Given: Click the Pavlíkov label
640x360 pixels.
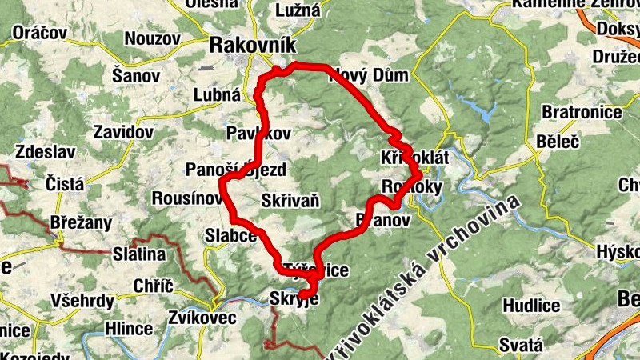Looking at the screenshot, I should coord(258,133).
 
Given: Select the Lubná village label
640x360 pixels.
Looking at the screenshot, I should coord(217,95).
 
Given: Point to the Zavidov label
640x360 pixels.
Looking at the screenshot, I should coord(123,131).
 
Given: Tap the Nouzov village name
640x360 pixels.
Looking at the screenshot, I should coord(152,38).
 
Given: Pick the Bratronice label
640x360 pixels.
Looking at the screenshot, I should coord(582,111).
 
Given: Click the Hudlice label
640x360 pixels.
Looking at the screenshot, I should coord(531,305).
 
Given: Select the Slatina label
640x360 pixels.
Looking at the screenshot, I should coord(139,254).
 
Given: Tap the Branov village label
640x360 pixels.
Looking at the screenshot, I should coord(382,220).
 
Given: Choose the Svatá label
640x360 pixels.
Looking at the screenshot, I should coord(522,346).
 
